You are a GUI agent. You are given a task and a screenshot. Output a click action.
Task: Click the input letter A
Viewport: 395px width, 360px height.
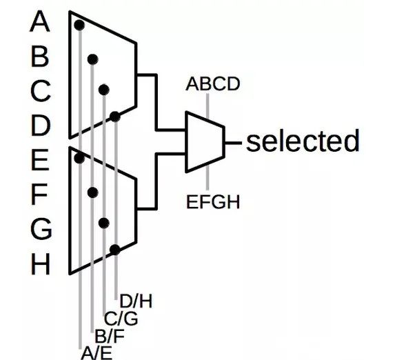coord(40,21)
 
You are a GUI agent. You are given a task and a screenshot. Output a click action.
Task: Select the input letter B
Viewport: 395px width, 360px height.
coord(40,57)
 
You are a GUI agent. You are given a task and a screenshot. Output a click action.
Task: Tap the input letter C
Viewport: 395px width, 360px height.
coord(40,90)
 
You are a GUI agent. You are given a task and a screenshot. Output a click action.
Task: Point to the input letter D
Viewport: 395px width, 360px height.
coord(40,126)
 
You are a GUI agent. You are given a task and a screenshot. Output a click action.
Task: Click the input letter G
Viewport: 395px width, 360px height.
coord(41,229)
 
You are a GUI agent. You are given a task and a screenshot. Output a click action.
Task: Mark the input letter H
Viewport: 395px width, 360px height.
coord(40,264)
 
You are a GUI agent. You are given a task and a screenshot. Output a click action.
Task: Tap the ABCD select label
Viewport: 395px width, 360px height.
coord(213,84)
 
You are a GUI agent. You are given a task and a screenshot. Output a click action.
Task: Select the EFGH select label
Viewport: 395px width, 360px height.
coord(213,201)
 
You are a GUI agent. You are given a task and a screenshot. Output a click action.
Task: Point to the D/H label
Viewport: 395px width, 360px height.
coord(136,301)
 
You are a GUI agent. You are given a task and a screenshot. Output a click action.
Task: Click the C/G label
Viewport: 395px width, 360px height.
coord(121,319)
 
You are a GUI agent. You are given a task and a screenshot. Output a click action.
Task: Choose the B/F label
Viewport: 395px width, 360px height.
coord(110,336)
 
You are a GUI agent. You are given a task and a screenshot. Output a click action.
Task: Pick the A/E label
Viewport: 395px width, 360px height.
coord(97,353)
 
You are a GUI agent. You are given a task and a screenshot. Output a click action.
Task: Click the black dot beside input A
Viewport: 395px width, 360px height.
coord(79,25)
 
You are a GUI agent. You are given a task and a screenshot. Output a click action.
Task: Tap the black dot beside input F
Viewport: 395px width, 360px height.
coord(93,192)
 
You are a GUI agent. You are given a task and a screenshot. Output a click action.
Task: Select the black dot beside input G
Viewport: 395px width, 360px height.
coord(104,223)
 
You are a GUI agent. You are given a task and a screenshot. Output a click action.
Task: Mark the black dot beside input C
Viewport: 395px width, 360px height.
coord(104,90)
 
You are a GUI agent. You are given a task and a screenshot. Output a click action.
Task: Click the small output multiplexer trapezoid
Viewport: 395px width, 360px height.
coord(205,142)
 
